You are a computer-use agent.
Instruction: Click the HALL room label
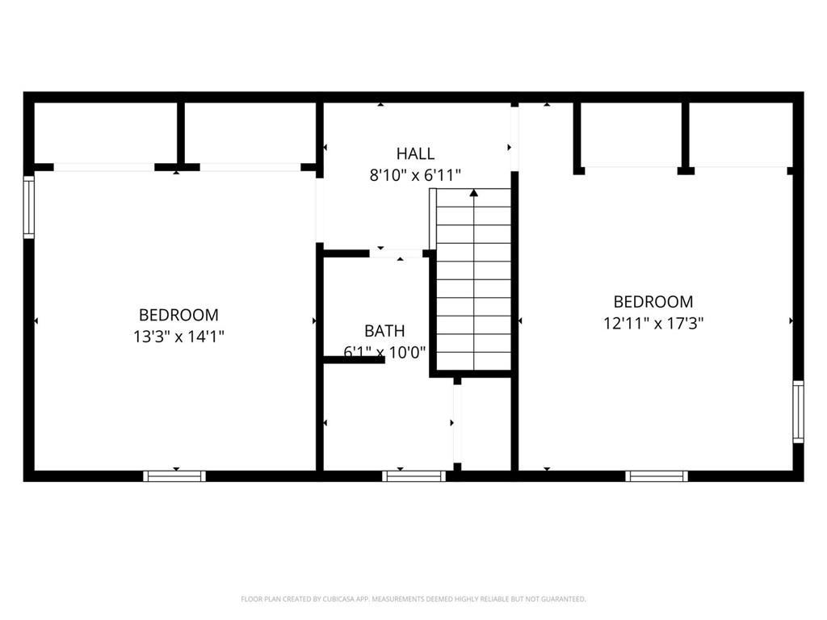click(416, 153)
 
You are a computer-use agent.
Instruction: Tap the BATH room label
click(384, 330)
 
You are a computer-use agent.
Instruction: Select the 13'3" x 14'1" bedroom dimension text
click(178, 337)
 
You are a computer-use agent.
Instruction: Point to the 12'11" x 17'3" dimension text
click(653, 323)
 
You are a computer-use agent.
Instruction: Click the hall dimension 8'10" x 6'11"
click(416, 174)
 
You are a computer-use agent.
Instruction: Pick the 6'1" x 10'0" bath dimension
click(384, 352)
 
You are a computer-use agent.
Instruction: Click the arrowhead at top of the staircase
click(473, 193)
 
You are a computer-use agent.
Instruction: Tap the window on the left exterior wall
click(28, 207)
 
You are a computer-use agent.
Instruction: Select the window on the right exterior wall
click(799, 412)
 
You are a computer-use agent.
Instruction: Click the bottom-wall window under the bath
click(414, 476)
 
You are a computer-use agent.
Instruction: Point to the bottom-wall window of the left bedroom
click(174, 476)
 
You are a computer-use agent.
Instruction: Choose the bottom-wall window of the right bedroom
click(657, 476)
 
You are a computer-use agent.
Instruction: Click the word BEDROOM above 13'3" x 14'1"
click(178, 315)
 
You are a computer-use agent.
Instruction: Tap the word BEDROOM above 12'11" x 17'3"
click(653, 302)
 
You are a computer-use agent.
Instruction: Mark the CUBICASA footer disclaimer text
click(413, 599)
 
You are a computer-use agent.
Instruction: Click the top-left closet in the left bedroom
click(106, 133)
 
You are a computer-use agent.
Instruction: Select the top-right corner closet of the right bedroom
click(741, 135)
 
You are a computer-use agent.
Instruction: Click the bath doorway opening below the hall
click(396, 253)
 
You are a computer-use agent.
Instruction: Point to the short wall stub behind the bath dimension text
click(354, 360)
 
